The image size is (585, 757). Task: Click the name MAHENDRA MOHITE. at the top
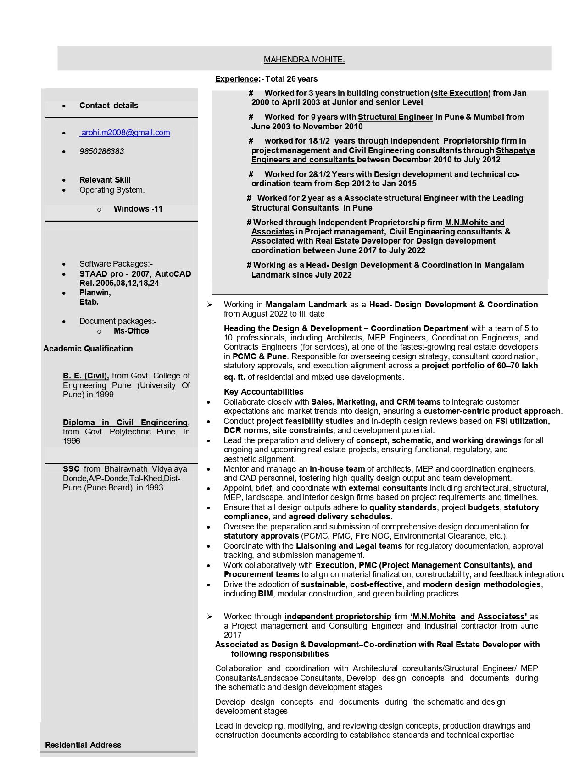[x=304, y=60]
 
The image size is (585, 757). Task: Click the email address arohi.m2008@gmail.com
[x=125, y=133]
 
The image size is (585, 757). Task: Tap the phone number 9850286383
[x=101, y=151]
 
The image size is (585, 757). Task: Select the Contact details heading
[x=109, y=106]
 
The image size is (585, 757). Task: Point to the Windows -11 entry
[x=138, y=209]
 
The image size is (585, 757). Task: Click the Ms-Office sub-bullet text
[x=131, y=331]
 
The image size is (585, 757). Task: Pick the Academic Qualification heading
[x=88, y=349]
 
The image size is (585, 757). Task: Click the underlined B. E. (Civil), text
[x=86, y=376]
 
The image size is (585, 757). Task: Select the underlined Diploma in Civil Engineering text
[x=125, y=423]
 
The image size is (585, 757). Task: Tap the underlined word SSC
[x=71, y=469]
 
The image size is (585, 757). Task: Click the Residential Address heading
[x=83, y=745]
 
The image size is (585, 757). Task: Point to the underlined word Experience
[x=237, y=79]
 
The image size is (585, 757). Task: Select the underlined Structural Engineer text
[x=395, y=117]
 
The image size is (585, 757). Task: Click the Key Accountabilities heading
[x=263, y=392]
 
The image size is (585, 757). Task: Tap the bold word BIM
[x=265, y=594]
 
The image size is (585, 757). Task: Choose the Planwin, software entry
[x=95, y=293]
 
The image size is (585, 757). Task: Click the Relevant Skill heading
[x=105, y=180]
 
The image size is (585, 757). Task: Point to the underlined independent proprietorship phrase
[x=338, y=617]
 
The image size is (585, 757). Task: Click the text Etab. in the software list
[x=89, y=302]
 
